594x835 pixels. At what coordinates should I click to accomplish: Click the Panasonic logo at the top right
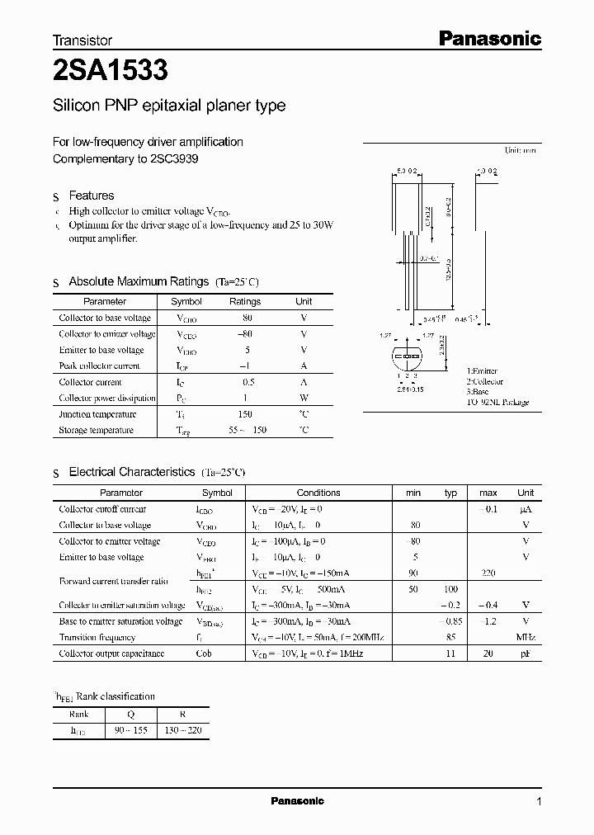[488, 38]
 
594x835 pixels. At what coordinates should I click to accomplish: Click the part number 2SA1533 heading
[111, 72]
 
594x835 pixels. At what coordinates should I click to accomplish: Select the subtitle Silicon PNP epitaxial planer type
[169, 106]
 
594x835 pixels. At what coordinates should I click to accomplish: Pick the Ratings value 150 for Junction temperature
[245, 414]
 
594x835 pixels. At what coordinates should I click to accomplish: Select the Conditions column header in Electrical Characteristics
[318, 493]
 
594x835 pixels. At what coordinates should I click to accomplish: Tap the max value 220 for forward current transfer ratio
[488, 573]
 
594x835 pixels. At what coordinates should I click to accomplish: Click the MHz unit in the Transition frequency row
[526, 637]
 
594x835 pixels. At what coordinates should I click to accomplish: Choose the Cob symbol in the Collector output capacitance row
[204, 653]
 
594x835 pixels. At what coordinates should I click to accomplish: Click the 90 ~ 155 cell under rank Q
[130, 731]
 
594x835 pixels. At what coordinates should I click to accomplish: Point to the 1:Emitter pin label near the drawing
[484, 372]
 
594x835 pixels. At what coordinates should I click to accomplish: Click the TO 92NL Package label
[497, 403]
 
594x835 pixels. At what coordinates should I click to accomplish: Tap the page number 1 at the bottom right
[539, 801]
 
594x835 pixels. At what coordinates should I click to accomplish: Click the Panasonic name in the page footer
[297, 801]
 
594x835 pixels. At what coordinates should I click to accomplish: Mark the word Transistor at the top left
[82, 40]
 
